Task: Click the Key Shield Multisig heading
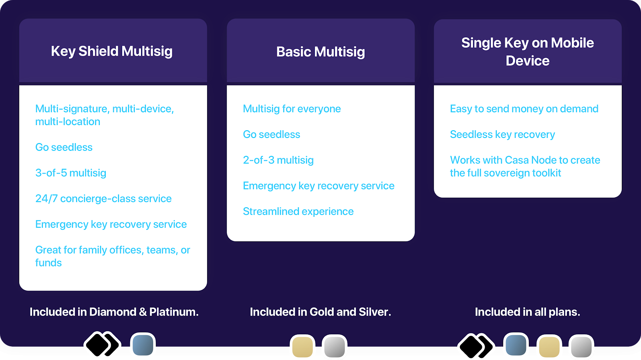tap(112, 51)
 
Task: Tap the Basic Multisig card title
tap(320, 52)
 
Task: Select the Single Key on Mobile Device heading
tap(527, 52)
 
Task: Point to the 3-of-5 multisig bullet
tap(71, 173)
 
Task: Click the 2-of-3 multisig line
tap(278, 160)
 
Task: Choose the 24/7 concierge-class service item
tap(103, 198)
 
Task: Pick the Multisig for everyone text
tap(292, 109)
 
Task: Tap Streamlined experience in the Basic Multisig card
tap(298, 211)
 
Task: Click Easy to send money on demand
tap(524, 109)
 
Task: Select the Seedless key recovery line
tap(502, 134)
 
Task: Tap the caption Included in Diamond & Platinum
tap(114, 312)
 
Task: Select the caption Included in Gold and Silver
tap(320, 312)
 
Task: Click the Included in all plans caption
tap(527, 312)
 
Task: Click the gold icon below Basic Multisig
tap(302, 346)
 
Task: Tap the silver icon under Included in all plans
tap(581, 346)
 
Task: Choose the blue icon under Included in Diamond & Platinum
tap(143, 345)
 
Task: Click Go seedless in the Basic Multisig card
tap(271, 134)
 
